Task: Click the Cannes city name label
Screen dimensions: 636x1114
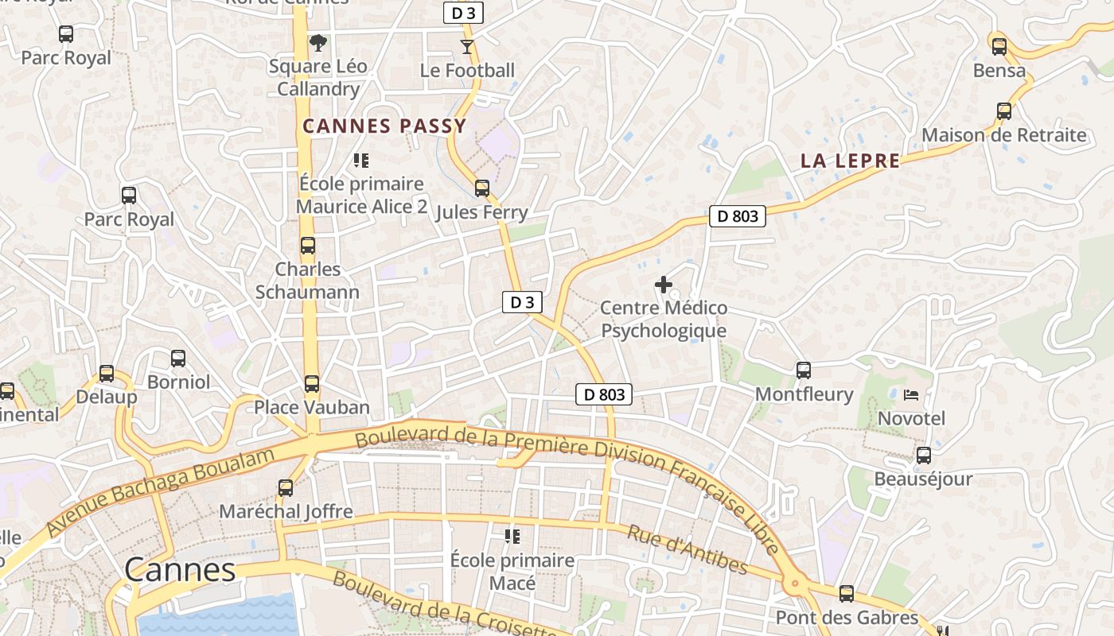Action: point(180,569)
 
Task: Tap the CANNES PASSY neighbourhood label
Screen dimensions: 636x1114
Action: point(384,126)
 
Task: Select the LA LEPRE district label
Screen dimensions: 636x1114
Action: point(850,161)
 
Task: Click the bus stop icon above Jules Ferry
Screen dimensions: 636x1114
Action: point(482,188)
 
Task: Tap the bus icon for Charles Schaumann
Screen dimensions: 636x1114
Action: point(308,246)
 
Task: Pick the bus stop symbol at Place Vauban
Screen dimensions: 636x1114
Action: point(312,384)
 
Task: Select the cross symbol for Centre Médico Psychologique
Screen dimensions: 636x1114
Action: point(663,284)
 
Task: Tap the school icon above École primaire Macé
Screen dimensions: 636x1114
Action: point(512,537)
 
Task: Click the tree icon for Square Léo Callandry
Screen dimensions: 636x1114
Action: point(317,42)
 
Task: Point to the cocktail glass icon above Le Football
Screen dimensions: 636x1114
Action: point(467,47)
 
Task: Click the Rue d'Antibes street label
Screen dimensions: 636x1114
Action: point(687,549)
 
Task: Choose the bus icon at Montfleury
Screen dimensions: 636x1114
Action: point(804,370)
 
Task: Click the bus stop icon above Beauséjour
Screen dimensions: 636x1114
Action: point(923,456)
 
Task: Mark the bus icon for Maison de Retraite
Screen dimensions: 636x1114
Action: point(1004,111)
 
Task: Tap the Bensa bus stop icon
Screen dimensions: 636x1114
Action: point(999,46)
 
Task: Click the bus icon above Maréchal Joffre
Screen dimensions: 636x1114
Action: point(286,487)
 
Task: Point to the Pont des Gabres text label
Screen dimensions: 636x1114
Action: point(847,618)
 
